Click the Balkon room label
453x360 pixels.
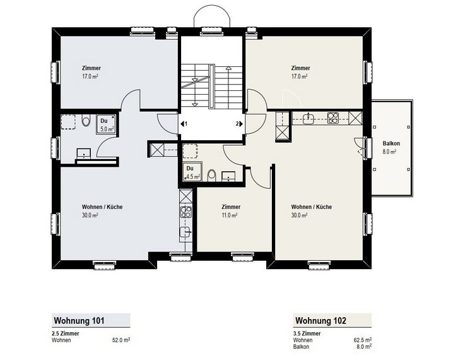pyautogui.click(x=391, y=143)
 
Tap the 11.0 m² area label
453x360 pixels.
pyautogui.click(x=230, y=215)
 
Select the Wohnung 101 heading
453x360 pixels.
pyautogui.click(x=79, y=321)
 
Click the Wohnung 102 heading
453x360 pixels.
pyautogui.click(x=321, y=321)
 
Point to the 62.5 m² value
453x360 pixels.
pyautogui.click(x=363, y=340)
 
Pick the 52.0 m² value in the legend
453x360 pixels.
pyautogui.click(x=121, y=340)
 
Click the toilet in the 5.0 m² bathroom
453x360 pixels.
pyautogui.click(x=86, y=121)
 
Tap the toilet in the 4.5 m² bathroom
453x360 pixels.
pyautogui.click(x=212, y=175)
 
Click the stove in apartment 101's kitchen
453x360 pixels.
pyautogui.click(x=185, y=212)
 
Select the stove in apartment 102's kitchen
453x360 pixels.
pyautogui.click(x=333, y=118)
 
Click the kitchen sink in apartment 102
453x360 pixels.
pyautogui.click(x=310, y=118)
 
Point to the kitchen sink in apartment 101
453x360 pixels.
pyautogui.click(x=185, y=232)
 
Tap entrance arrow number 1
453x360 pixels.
pyautogui.click(x=184, y=124)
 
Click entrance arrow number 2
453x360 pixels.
pyautogui.click(x=239, y=124)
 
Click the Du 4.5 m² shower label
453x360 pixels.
pyautogui.click(x=192, y=172)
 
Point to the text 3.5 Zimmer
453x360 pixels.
pyautogui.click(x=307, y=333)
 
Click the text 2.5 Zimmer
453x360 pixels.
pyautogui.click(x=65, y=333)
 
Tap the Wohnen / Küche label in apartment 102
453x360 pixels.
pyautogui.click(x=312, y=207)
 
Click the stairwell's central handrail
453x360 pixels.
pyautogui.click(x=212, y=86)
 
